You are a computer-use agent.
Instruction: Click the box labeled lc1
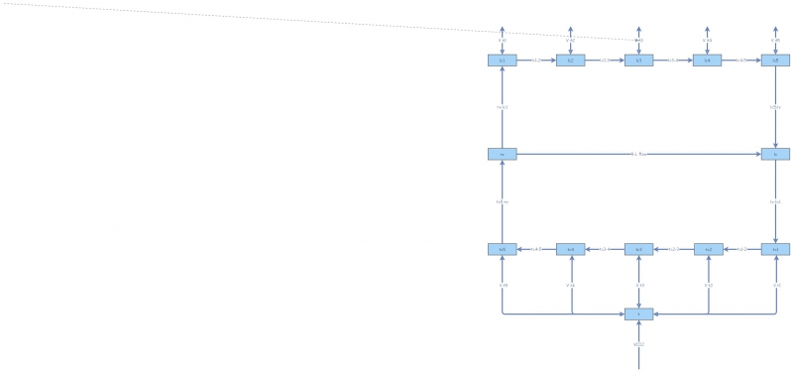pyautogui.click(x=503, y=61)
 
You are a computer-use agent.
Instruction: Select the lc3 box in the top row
pyautogui.click(x=639, y=61)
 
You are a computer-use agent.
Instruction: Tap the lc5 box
pyautogui.click(x=775, y=61)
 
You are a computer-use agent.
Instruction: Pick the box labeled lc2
pyautogui.click(x=570, y=61)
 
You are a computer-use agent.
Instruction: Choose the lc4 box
pyautogui.click(x=707, y=61)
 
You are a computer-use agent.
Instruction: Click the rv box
pyautogui.click(x=503, y=154)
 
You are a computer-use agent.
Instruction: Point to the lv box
pyautogui.click(x=775, y=154)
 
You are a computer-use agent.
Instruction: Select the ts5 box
pyautogui.click(x=503, y=249)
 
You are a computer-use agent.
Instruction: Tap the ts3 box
pyautogui.click(x=639, y=249)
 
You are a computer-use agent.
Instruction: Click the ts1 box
pyautogui.click(x=775, y=249)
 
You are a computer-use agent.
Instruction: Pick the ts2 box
pyautogui.click(x=707, y=249)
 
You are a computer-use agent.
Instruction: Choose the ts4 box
pyautogui.click(x=570, y=249)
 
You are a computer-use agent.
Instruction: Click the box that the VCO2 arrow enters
pyautogui.click(x=639, y=314)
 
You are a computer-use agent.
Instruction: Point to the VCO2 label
pyautogui.click(x=639, y=344)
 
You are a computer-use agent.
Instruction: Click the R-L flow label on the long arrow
pyautogui.click(x=639, y=154)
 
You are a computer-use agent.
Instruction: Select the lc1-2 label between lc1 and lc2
pyautogui.click(x=536, y=61)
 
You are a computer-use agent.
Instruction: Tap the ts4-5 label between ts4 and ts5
pyautogui.click(x=536, y=249)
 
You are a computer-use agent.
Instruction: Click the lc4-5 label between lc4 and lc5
pyautogui.click(x=741, y=61)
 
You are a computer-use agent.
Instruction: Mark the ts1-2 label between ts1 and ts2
pyautogui.click(x=741, y=249)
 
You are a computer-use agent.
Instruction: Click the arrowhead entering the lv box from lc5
pyautogui.click(x=775, y=145)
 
